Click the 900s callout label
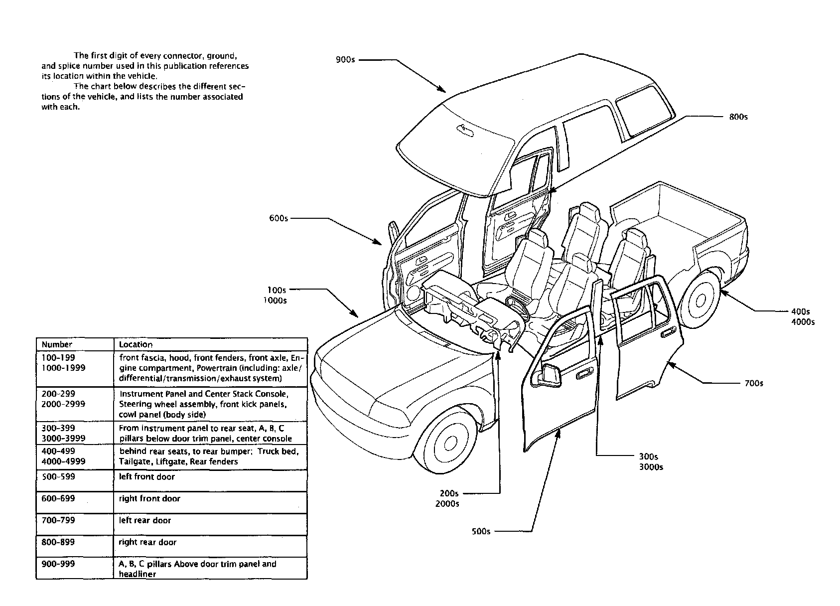(345, 60)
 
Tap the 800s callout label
(738, 117)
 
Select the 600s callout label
(278, 218)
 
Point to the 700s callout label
(754, 383)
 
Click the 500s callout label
(481, 531)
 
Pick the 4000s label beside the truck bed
(803, 322)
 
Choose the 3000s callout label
(651, 467)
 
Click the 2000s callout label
(447, 504)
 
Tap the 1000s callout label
(275, 301)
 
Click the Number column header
(57, 344)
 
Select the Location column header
(136, 344)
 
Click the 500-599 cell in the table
(58, 477)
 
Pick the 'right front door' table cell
(149, 499)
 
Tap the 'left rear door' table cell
(145, 521)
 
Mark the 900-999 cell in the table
(58, 564)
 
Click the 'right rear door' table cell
(147, 543)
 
